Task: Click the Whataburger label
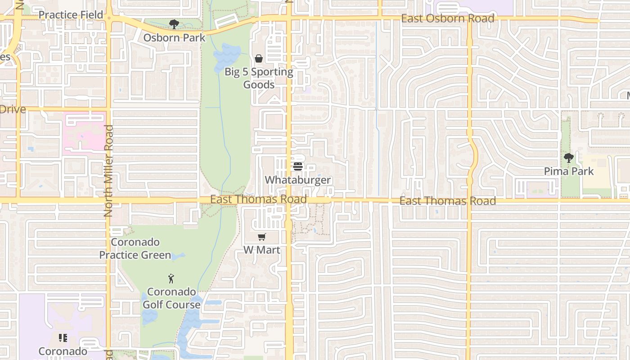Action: [x=297, y=180]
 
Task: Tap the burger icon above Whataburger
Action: [x=297, y=166]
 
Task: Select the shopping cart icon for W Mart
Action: [x=261, y=237]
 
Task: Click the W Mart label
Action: [x=261, y=250]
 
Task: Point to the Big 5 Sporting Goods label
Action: [x=259, y=78]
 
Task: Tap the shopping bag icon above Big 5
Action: [x=259, y=58]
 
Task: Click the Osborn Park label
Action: [x=174, y=38]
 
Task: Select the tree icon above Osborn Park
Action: [x=174, y=24]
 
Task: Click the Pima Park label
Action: [x=569, y=171]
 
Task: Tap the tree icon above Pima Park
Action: [x=569, y=158]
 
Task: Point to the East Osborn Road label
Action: [x=448, y=18]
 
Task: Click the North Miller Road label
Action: [x=108, y=171]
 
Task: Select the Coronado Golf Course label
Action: [x=171, y=298]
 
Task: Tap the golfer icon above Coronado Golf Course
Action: [x=171, y=279]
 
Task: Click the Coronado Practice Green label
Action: [x=135, y=248]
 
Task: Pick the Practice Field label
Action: [x=71, y=15]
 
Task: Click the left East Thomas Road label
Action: [x=259, y=199]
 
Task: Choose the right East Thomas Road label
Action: [x=448, y=201]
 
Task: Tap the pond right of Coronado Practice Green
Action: [x=178, y=256]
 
